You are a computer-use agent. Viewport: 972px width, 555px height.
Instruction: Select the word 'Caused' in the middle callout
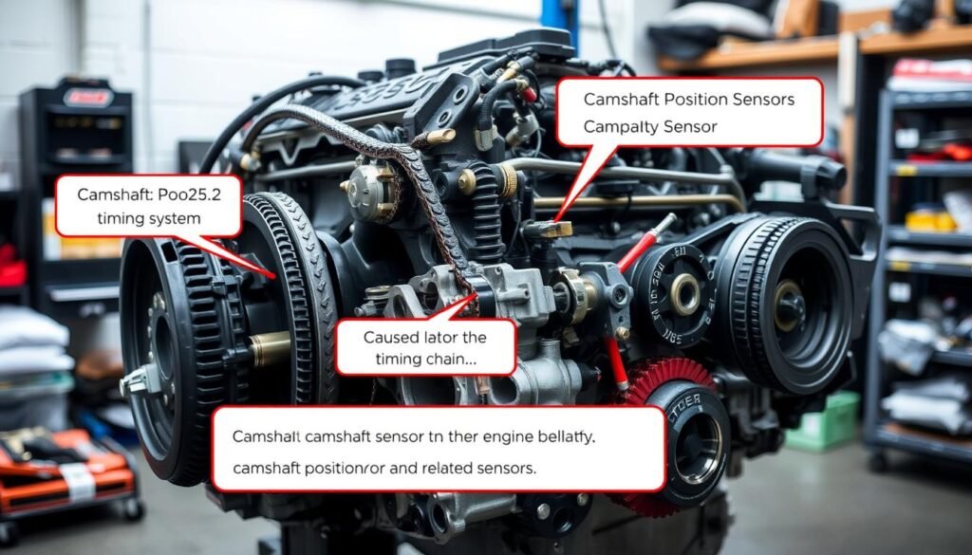point(393,338)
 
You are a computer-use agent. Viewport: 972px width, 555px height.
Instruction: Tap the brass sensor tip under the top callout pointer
point(554,229)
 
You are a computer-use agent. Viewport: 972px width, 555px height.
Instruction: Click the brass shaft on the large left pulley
point(270,349)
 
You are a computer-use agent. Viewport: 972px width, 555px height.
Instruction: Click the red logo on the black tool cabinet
point(87,97)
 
